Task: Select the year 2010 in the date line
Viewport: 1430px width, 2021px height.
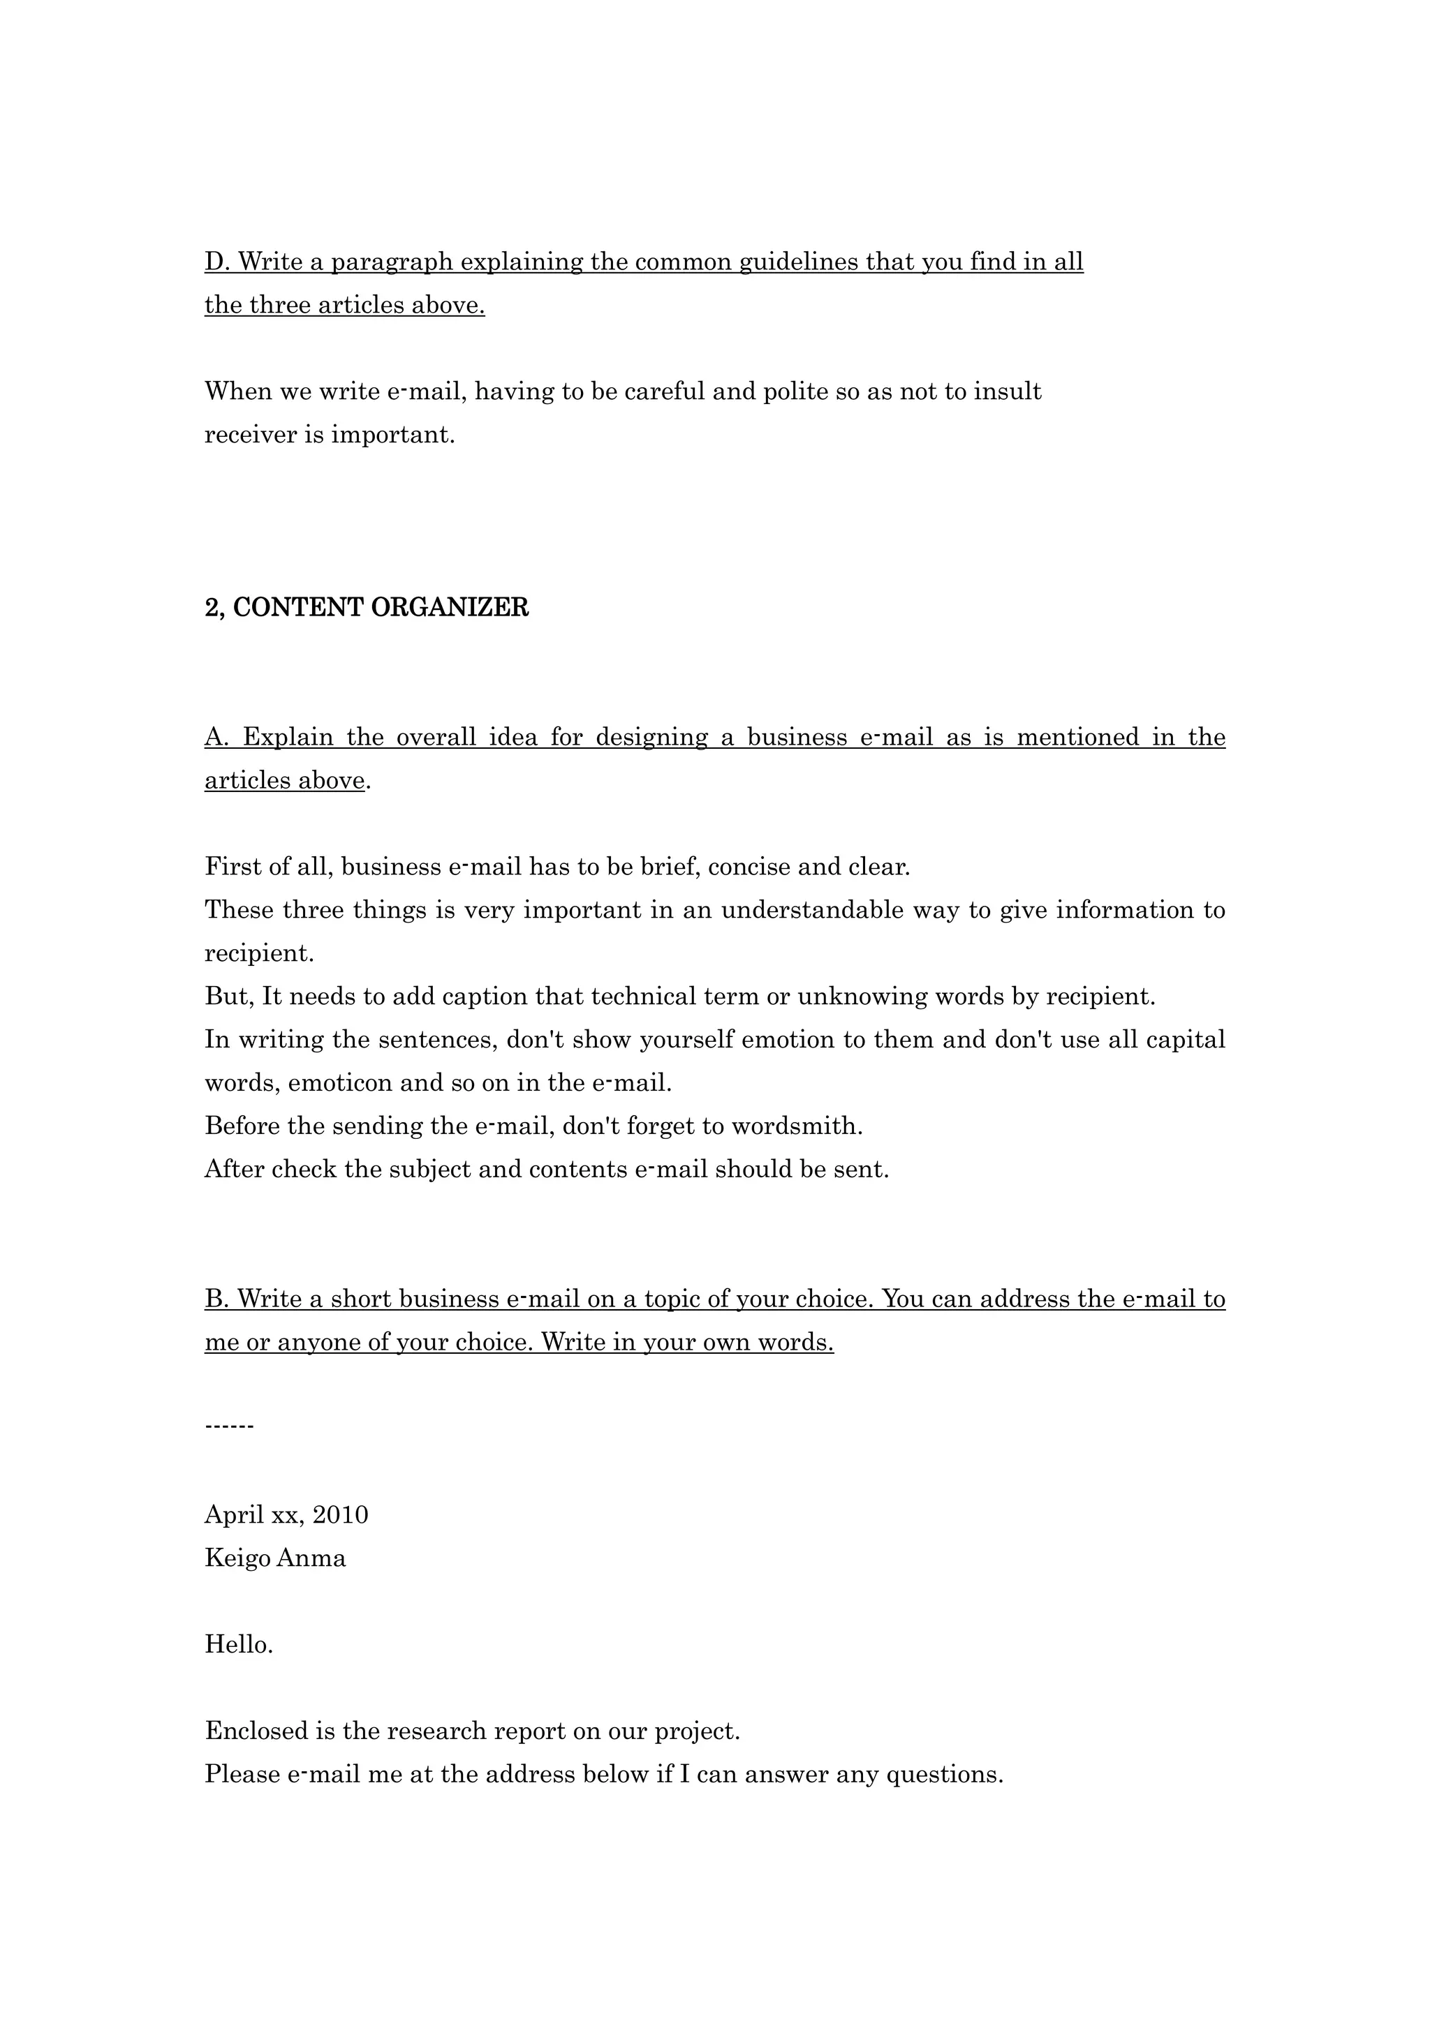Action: [x=341, y=1515]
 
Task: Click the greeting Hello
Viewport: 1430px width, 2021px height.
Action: [x=239, y=1644]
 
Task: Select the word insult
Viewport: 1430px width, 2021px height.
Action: [x=1008, y=391]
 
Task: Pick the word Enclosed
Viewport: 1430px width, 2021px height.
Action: [x=256, y=1731]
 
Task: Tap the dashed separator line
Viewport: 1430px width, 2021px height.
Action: [x=229, y=1427]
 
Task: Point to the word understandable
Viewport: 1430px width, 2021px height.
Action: [x=812, y=910]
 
